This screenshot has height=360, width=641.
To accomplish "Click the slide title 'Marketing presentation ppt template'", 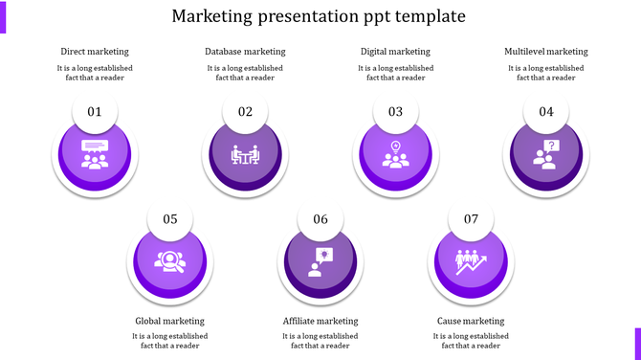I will [320, 16].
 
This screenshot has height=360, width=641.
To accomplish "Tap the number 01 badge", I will [95, 112].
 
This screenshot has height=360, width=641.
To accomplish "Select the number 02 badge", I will [245, 112].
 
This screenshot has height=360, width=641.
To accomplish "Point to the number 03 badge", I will [395, 112].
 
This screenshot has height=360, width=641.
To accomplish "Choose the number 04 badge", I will [546, 112].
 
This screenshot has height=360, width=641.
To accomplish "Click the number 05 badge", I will [170, 219].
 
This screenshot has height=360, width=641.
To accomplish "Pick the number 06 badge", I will [320, 219].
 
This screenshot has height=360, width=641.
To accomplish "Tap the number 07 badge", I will [471, 219].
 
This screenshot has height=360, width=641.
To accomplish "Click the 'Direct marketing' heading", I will [95, 52].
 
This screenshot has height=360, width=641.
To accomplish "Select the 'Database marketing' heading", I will [245, 52].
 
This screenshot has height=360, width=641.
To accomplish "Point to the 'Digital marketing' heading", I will [395, 52].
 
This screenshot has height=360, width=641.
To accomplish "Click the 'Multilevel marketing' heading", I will [546, 52].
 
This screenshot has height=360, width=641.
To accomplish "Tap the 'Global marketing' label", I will [170, 321].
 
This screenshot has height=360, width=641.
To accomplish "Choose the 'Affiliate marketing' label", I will [320, 321].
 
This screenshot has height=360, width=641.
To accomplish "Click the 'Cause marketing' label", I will [471, 321].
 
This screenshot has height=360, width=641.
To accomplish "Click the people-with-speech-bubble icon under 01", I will [95, 154].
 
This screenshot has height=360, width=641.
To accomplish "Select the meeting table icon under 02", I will [245, 154].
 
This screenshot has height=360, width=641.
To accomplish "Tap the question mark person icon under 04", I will [546, 154].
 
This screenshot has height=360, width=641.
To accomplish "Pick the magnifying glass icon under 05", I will [170, 261].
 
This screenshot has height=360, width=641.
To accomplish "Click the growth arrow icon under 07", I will [471, 261].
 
